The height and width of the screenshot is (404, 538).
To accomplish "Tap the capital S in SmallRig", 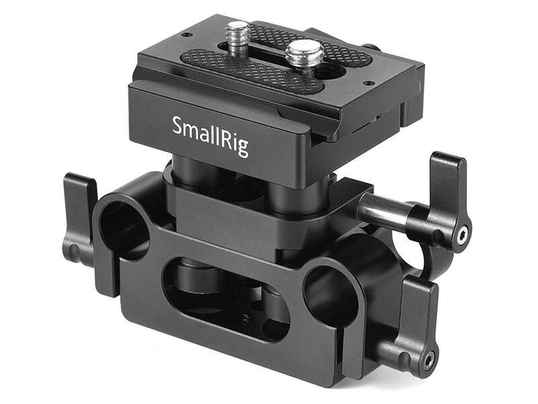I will [177, 125].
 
